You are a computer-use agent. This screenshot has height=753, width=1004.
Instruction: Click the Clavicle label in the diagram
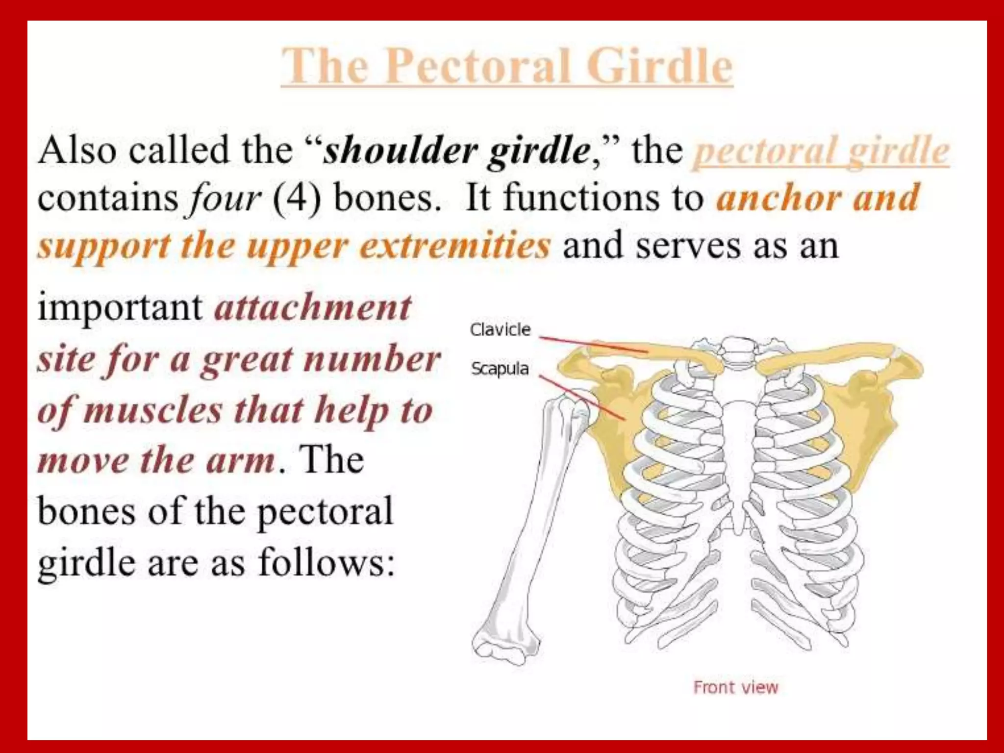(500, 329)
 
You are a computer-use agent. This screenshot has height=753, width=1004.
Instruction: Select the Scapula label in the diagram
(500, 368)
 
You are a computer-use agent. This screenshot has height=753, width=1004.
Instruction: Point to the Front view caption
(735, 687)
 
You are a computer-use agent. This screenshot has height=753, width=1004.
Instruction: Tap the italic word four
(226, 199)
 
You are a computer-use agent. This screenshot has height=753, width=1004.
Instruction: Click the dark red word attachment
(313, 308)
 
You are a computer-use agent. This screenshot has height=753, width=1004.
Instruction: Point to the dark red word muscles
(153, 410)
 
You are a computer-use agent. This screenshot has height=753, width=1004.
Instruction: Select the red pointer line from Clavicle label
(593, 344)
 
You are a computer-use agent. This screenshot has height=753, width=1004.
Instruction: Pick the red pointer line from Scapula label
(583, 398)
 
